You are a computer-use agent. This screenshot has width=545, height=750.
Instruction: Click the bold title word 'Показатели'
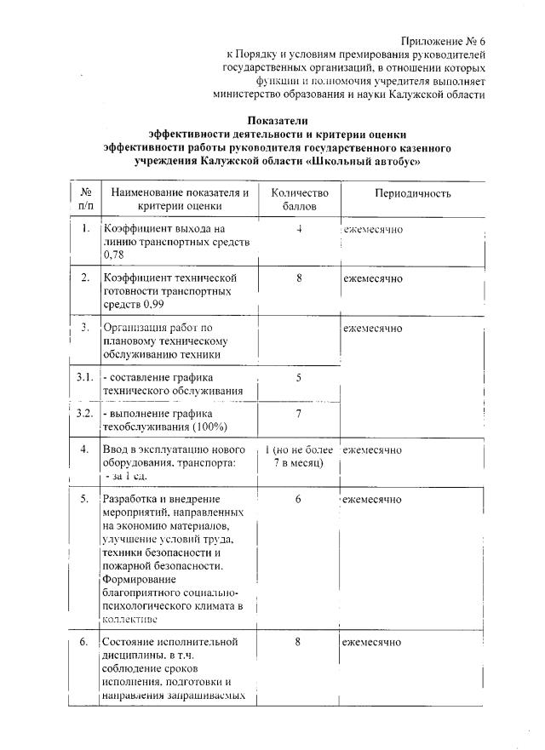(278, 121)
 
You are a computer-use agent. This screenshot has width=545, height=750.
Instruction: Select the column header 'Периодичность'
(413, 194)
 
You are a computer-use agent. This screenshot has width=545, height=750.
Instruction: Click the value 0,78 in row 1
(112, 255)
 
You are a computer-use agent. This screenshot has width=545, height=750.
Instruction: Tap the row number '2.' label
(85, 278)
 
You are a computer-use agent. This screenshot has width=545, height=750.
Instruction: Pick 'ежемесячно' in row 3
(373, 327)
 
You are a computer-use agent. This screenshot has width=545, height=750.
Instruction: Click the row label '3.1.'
(84, 376)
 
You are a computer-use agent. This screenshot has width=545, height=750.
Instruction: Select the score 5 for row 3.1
(300, 376)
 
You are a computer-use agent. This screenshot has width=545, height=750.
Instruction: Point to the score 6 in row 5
(300, 499)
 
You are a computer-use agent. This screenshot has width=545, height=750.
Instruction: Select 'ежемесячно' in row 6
(373, 642)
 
